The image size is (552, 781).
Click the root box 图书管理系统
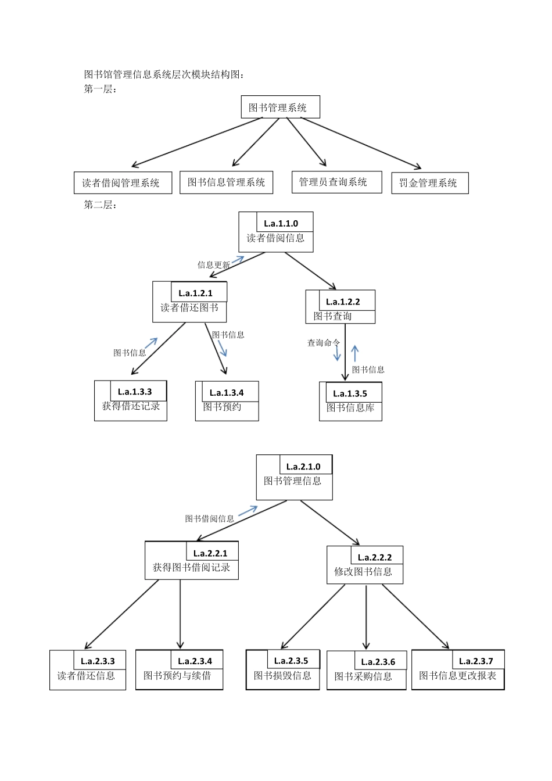pyautogui.click(x=280, y=108)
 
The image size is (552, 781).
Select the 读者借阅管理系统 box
pyautogui.click(x=123, y=183)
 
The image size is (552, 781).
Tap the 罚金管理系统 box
pyautogui.click(x=429, y=183)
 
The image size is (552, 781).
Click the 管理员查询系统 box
pyautogui.click(x=336, y=182)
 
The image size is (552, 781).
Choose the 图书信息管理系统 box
pyautogui.click(x=226, y=182)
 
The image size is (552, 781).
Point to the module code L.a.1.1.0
pyautogui.click(x=281, y=223)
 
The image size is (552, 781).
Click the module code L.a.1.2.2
pyautogui.click(x=343, y=302)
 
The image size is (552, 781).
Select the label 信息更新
pyautogui.click(x=213, y=265)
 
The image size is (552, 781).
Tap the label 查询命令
pyautogui.click(x=323, y=343)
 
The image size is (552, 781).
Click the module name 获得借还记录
pyautogui.click(x=131, y=406)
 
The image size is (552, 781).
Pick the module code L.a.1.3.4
pyautogui.click(x=227, y=393)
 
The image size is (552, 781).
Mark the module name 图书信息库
pyautogui.click(x=350, y=408)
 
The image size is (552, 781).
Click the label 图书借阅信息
pyautogui.click(x=209, y=518)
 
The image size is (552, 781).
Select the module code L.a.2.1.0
pyautogui.click(x=303, y=467)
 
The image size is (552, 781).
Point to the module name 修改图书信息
pyautogui.click(x=363, y=572)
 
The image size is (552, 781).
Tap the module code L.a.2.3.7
pyautogui.click(x=476, y=661)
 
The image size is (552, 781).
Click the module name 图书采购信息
pyautogui.click(x=363, y=676)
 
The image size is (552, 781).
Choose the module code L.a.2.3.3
pyautogui.click(x=98, y=661)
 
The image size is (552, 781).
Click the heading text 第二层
pyautogui.click(x=100, y=205)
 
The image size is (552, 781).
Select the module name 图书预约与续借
pyautogui.click(x=177, y=676)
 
